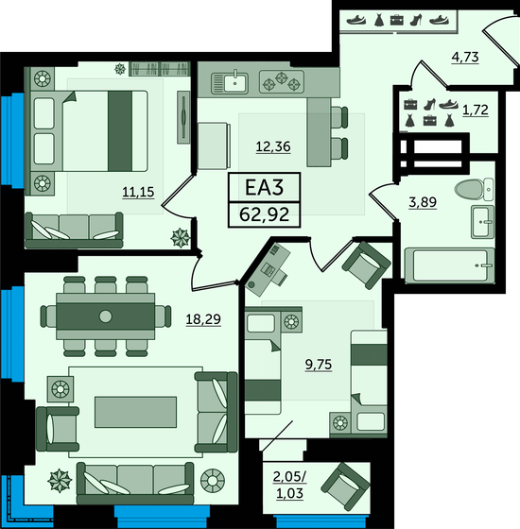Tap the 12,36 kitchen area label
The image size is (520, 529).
coord(273,145)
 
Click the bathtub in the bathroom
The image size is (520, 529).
coord(447,264)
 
